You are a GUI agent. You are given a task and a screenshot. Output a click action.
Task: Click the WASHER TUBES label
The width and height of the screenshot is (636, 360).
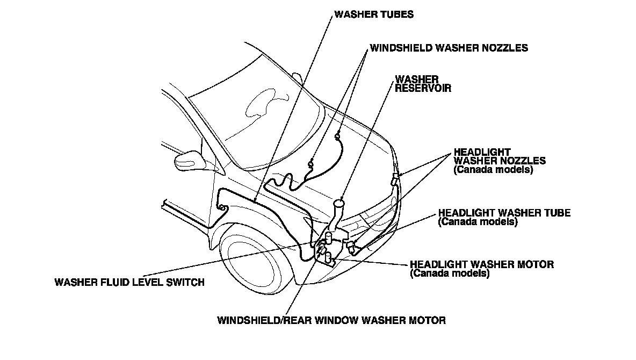pyautogui.click(x=374, y=15)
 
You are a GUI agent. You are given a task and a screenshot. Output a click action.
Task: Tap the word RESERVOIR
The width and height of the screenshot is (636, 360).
pyautogui.click(x=423, y=88)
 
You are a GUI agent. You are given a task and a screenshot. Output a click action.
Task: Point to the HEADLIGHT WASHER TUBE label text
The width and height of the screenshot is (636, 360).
pyautogui.click(x=504, y=213)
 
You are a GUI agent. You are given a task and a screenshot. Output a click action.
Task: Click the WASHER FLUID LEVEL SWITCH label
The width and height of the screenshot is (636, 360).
pyautogui.click(x=129, y=282)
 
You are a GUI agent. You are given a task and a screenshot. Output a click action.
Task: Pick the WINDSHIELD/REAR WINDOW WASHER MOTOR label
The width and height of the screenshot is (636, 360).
pyautogui.click(x=331, y=321)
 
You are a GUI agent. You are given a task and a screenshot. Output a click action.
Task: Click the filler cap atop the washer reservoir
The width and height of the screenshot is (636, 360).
pyautogui.click(x=339, y=203)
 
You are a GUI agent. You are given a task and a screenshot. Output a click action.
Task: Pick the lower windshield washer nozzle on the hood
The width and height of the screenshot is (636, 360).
pyautogui.click(x=311, y=163)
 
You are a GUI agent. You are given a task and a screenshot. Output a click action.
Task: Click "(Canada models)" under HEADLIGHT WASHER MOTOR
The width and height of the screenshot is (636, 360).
pyautogui.click(x=449, y=273)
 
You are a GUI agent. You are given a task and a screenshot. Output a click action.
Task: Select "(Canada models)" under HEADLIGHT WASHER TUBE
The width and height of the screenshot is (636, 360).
pyautogui.click(x=478, y=221)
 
